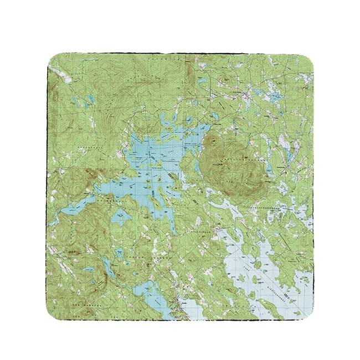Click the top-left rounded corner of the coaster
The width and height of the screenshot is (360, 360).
click(53, 58)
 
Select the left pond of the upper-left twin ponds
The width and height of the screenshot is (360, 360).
click(75, 102)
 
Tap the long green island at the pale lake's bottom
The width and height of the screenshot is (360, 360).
click(271, 288)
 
